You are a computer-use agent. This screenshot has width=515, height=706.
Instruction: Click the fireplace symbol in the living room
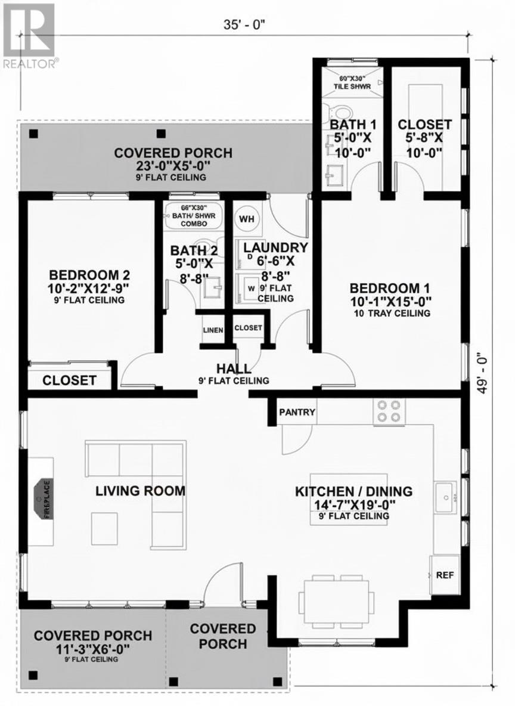[x=44, y=498]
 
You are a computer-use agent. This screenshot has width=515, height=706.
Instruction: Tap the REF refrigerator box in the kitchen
[x=444, y=575]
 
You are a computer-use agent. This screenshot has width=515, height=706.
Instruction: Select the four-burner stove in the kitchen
[x=389, y=411]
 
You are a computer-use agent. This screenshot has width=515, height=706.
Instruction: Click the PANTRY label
[x=297, y=412]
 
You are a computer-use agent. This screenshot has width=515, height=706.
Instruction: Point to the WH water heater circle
[x=247, y=219]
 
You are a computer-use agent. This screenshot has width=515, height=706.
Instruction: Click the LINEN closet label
[x=213, y=330]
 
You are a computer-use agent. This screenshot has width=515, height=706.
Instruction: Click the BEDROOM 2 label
[x=89, y=275]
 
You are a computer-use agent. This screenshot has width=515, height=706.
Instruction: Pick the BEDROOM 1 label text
[x=390, y=287]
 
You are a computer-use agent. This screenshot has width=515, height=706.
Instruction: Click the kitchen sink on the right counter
[x=445, y=496]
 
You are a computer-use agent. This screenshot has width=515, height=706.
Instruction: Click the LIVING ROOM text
[x=141, y=491]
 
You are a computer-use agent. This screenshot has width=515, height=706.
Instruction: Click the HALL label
[x=233, y=369]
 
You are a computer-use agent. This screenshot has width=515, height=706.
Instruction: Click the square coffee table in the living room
[x=104, y=528]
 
